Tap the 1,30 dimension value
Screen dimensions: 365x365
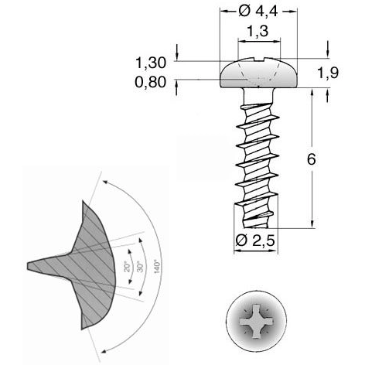(150, 63)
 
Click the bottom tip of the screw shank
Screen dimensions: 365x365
(255, 227)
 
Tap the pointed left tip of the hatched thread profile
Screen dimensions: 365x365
(29, 265)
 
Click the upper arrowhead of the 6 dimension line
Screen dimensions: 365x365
(311, 92)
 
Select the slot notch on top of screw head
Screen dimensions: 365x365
(258, 57)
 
